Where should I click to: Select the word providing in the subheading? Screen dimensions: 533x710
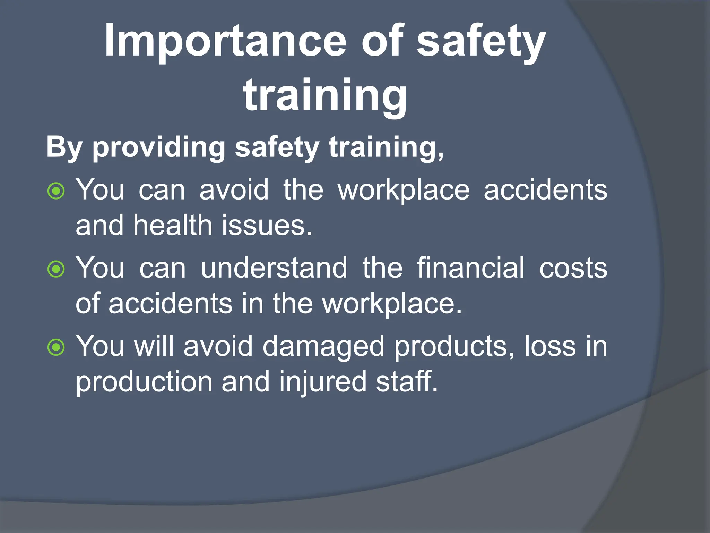point(159,147)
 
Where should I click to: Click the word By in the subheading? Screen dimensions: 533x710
point(64,147)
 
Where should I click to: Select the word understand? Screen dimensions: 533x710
point(274,268)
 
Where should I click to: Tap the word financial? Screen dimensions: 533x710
point(470,268)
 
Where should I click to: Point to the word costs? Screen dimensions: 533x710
point(573,268)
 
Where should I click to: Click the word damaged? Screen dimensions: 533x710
point(323,346)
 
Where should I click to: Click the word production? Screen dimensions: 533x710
point(144,382)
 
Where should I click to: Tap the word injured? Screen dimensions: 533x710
point(322,382)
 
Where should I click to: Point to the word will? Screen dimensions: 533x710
point(154,346)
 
